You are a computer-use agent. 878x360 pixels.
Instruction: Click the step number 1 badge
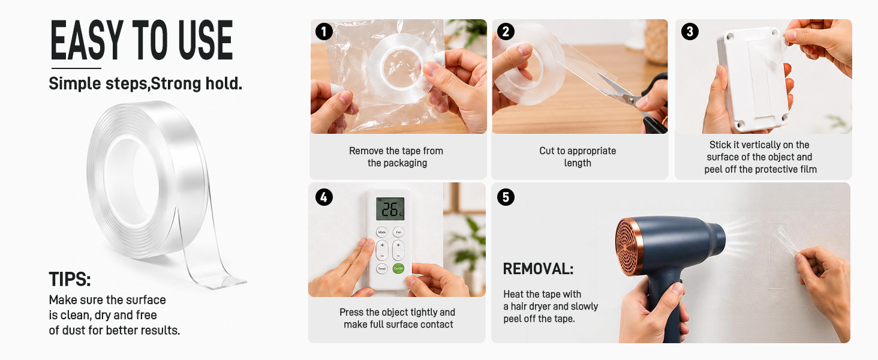click(x=324, y=31)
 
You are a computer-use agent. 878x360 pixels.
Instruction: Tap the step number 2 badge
click(x=506, y=31)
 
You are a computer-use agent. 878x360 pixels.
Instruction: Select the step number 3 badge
click(x=690, y=31)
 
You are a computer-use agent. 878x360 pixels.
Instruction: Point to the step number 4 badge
click(x=324, y=197)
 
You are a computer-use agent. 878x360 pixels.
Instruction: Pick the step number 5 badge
click(x=506, y=197)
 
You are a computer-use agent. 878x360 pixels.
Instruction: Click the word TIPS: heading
click(x=70, y=279)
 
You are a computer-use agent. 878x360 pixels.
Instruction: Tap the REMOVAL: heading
click(x=538, y=269)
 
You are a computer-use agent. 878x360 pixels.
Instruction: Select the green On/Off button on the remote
click(x=398, y=269)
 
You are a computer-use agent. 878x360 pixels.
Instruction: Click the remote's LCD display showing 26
click(x=390, y=209)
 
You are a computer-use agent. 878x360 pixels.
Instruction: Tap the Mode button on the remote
click(x=382, y=232)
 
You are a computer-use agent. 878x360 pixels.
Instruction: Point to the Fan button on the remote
click(x=398, y=232)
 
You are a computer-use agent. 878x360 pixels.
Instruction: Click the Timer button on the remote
click(x=382, y=269)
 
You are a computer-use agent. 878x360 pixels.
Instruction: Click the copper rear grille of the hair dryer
click(x=629, y=247)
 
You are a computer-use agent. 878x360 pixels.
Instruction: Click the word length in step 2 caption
click(x=578, y=163)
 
